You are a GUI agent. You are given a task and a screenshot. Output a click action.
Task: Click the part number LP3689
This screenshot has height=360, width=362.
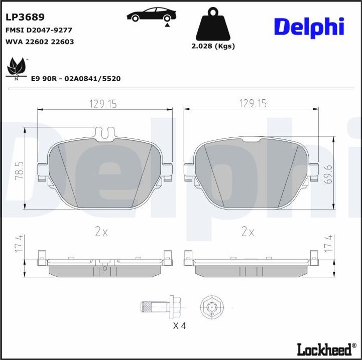25,17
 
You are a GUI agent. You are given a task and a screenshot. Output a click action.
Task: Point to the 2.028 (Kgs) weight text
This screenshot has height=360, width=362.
213,46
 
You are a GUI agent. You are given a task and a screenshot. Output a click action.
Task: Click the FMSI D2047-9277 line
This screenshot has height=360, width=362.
39,30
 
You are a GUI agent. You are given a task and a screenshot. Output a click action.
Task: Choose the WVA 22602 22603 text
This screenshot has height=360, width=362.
39,42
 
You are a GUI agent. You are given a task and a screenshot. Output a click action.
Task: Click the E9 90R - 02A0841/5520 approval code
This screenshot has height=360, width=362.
76,79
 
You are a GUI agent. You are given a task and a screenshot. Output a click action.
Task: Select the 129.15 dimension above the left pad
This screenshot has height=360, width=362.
103,104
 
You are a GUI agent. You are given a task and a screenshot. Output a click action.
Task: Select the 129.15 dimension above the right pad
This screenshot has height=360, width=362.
252,104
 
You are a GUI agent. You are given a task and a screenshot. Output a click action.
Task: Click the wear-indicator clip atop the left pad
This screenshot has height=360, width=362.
104,133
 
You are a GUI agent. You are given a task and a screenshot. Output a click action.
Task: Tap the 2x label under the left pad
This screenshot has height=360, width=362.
101,232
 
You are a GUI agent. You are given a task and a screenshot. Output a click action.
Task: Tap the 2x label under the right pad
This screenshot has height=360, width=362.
248,232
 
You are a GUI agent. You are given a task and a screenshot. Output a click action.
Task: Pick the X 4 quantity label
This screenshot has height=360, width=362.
179,326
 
